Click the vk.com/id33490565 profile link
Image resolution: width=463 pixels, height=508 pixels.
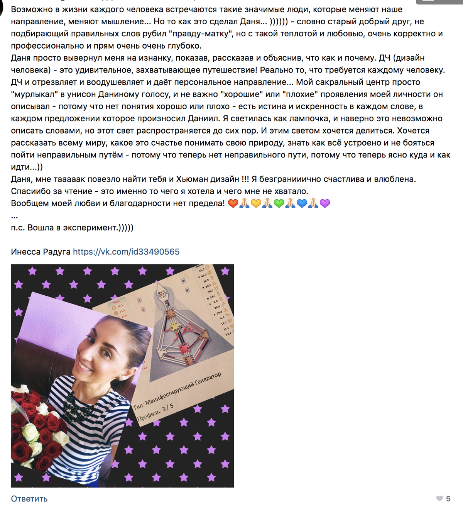[126, 252]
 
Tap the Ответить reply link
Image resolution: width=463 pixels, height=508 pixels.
[29, 499]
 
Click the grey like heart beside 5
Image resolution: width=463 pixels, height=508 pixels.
[439, 498]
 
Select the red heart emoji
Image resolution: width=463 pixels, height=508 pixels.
[233, 203]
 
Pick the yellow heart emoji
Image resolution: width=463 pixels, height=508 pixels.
[256, 203]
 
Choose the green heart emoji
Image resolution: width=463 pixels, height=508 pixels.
[279, 203]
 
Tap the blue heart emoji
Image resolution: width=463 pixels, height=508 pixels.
[302, 203]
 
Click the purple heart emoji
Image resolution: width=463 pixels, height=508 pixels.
[325, 203]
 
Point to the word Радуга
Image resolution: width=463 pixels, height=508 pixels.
[59, 252]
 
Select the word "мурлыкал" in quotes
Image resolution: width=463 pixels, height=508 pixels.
[34, 94]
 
